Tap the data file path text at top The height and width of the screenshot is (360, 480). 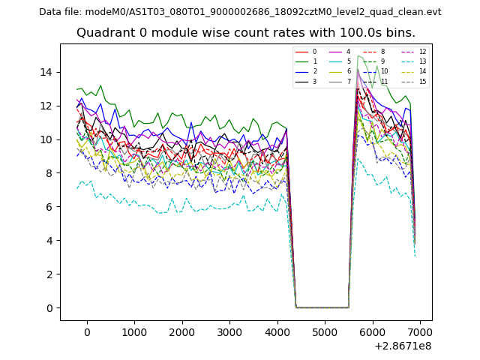pyautogui.click(x=240, y=12)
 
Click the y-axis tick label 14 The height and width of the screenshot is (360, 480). pyautogui.click(x=46, y=72)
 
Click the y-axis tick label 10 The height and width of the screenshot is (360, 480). pyautogui.click(x=46, y=139)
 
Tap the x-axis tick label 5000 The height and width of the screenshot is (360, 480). pyautogui.click(x=325, y=333)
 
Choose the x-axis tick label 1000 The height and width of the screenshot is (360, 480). pyautogui.click(x=134, y=333)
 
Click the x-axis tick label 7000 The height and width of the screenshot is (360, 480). pyautogui.click(x=420, y=333)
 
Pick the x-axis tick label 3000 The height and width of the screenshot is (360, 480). pyautogui.click(x=229, y=333)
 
